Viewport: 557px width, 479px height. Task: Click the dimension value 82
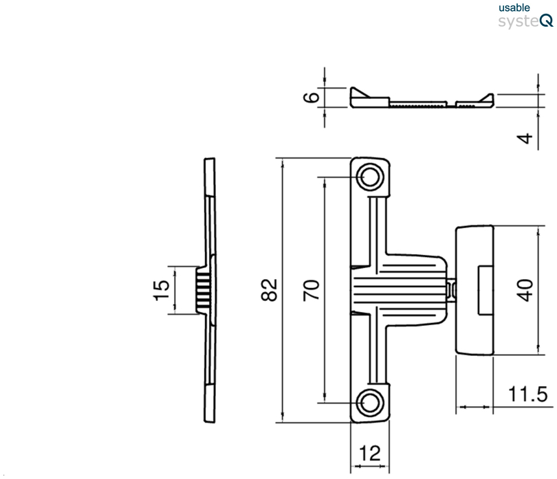pos(270,290)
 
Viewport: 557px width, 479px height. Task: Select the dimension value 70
pos(312,290)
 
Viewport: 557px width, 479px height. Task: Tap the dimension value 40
pos(525,290)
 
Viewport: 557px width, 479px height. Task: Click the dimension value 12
pos(370,453)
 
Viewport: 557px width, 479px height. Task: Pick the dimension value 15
pos(160,290)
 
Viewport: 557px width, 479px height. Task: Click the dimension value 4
pos(525,139)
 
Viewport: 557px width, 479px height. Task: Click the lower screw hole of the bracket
pos(371,401)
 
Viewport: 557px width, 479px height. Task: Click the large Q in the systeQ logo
pos(546,21)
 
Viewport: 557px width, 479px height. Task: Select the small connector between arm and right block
pos(452,289)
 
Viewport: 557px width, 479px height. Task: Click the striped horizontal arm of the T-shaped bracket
pos(399,289)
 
